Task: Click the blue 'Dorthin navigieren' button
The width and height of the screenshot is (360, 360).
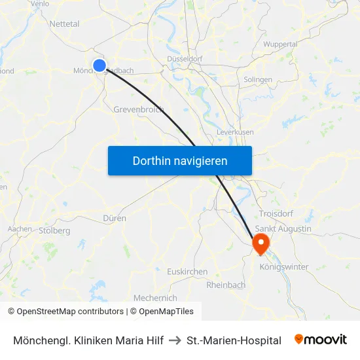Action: click(x=180, y=160)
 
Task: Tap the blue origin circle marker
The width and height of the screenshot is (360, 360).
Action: click(x=99, y=65)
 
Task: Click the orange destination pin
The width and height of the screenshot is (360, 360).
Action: click(x=261, y=243)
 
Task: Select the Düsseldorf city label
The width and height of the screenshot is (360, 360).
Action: click(x=184, y=58)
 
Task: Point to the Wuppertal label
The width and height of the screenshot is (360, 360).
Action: click(x=280, y=44)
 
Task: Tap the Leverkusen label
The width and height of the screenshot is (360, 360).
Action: click(x=235, y=132)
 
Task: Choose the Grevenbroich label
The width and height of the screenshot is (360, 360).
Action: click(x=139, y=109)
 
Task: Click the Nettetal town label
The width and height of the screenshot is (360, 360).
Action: click(x=64, y=24)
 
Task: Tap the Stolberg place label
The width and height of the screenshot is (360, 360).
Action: click(x=54, y=230)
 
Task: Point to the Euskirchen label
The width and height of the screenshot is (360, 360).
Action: click(x=187, y=271)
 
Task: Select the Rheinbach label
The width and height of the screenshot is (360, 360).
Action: click(x=226, y=285)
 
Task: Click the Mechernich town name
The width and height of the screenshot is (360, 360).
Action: click(x=155, y=298)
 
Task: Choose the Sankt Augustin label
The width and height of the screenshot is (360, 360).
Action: click(x=283, y=228)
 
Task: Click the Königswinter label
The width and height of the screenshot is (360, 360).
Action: click(x=284, y=266)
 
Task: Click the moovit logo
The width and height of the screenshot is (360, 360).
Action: click(x=320, y=340)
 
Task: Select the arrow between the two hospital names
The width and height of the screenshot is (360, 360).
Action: click(x=175, y=340)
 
